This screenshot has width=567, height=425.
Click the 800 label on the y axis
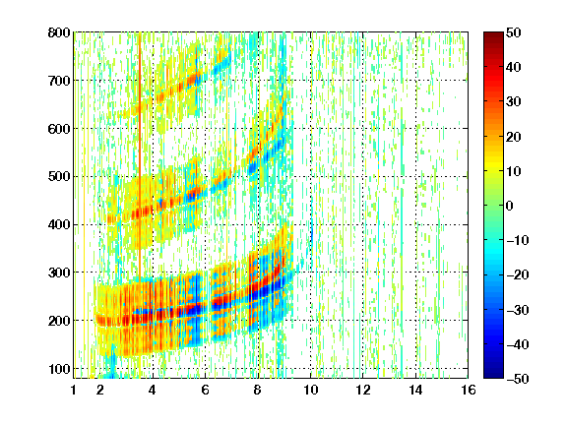(x=59, y=32)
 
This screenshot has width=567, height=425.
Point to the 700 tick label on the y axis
(x=59, y=81)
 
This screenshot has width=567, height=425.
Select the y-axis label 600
(x=59, y=129)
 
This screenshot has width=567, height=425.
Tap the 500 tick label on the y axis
(x=59, y=177)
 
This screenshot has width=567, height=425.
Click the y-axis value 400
(x=59, y=224)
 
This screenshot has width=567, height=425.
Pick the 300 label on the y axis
(x=59, y=273)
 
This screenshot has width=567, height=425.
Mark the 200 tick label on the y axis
(x=59, y=321)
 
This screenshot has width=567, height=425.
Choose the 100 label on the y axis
(x=59, y=369)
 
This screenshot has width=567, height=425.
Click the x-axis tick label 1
(x=74, y=390)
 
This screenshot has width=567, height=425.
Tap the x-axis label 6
(x=205, y=390)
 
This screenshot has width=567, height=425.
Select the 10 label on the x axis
(x=310, y=390)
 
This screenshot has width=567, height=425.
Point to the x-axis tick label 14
(x=415, y=390)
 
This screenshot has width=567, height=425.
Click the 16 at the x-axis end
(x=469, y=390)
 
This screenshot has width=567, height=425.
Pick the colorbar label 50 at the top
(x=513, y=32)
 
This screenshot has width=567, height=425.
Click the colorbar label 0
(x=510, y=206)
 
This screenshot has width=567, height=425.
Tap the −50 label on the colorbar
(x=518, y=379)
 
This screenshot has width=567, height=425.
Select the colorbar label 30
(x=513, y=102)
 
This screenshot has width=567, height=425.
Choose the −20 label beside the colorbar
(x=518, y=275)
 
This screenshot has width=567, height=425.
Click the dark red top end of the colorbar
(x=493, y=35)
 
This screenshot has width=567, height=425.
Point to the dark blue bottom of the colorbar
(x=493, y=375)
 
